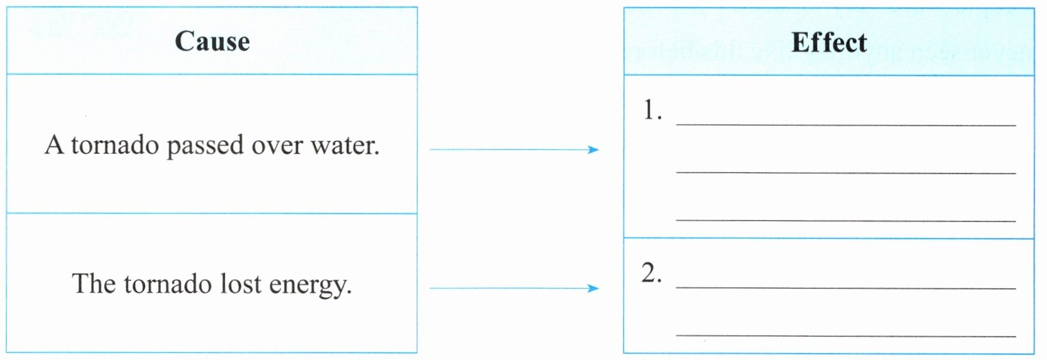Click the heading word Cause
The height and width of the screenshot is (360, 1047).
pos(212,42)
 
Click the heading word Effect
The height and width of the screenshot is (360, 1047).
pos(829,42)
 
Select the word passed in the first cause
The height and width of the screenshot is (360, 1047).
pos(206,146)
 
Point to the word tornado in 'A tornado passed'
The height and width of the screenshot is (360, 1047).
pos(115,145)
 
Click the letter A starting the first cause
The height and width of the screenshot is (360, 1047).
pos(54,144)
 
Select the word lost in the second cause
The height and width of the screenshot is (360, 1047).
pos(240,283)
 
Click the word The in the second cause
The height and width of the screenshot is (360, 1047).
pos(93,283)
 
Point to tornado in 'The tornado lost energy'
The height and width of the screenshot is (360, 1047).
pos(168,284)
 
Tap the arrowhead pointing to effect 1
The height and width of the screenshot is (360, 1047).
pos(593,149)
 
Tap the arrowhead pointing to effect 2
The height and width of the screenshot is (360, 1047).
pos(593,288)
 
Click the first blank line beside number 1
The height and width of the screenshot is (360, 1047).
pos(846,125)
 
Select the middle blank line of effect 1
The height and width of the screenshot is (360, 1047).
pos(846,173)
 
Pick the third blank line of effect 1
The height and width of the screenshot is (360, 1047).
pos(846,220)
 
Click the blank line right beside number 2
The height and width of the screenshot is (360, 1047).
pos(846,288)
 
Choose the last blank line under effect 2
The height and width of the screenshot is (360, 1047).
pos(846,336)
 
